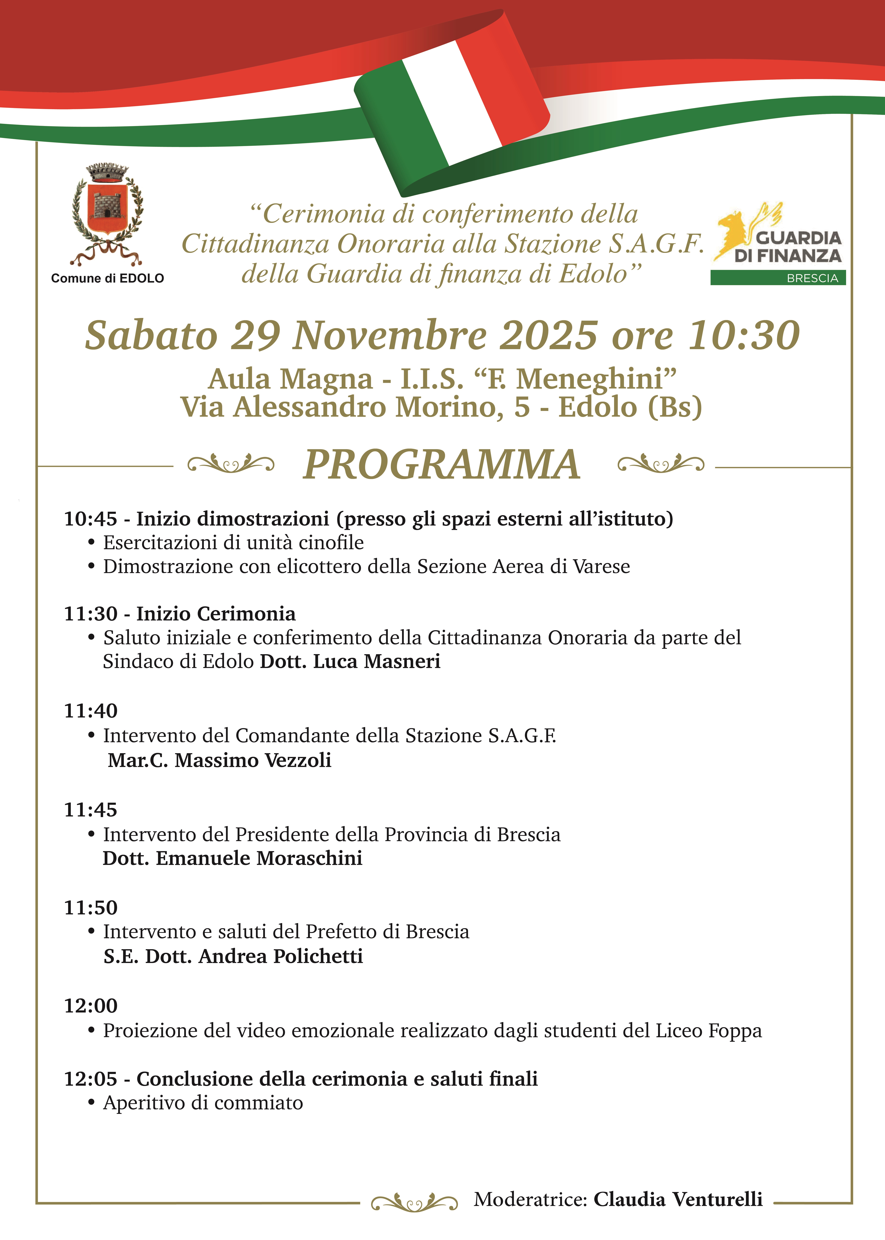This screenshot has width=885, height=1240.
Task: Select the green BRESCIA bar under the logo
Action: click(778, 278)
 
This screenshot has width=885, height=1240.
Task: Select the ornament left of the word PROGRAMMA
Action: click(230, 465)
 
